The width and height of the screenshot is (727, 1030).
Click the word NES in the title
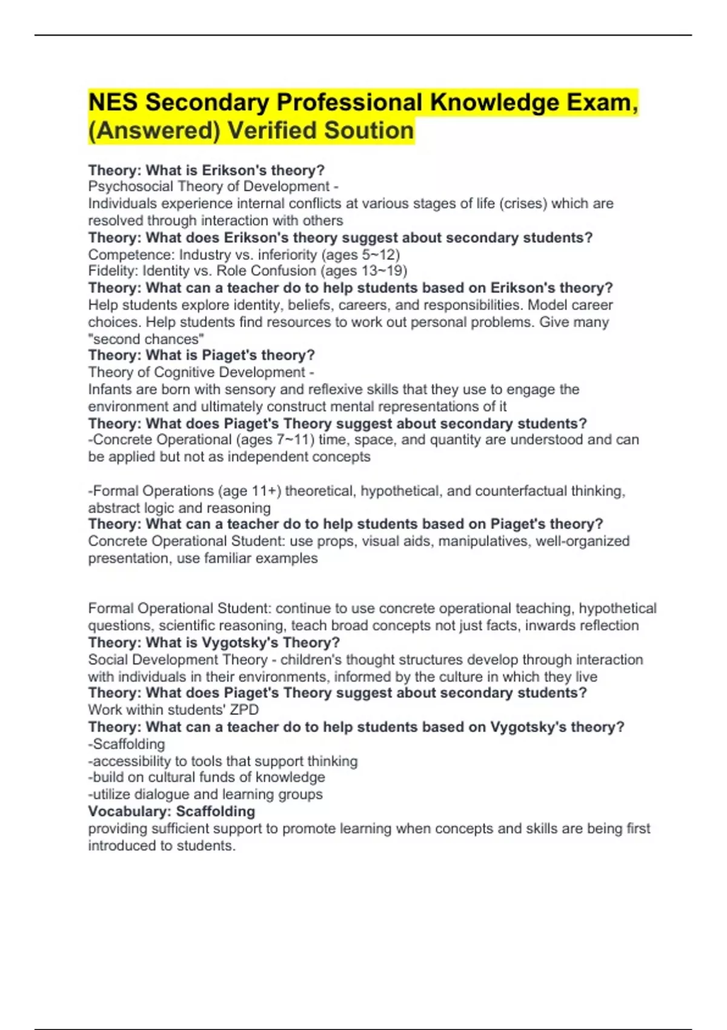point(112,102)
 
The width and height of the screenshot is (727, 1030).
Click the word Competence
point(129,254)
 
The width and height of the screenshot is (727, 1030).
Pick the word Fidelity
point(113,271)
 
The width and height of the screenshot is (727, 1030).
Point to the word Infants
point(110,390)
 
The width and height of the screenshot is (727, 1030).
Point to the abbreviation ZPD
point(244,710)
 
